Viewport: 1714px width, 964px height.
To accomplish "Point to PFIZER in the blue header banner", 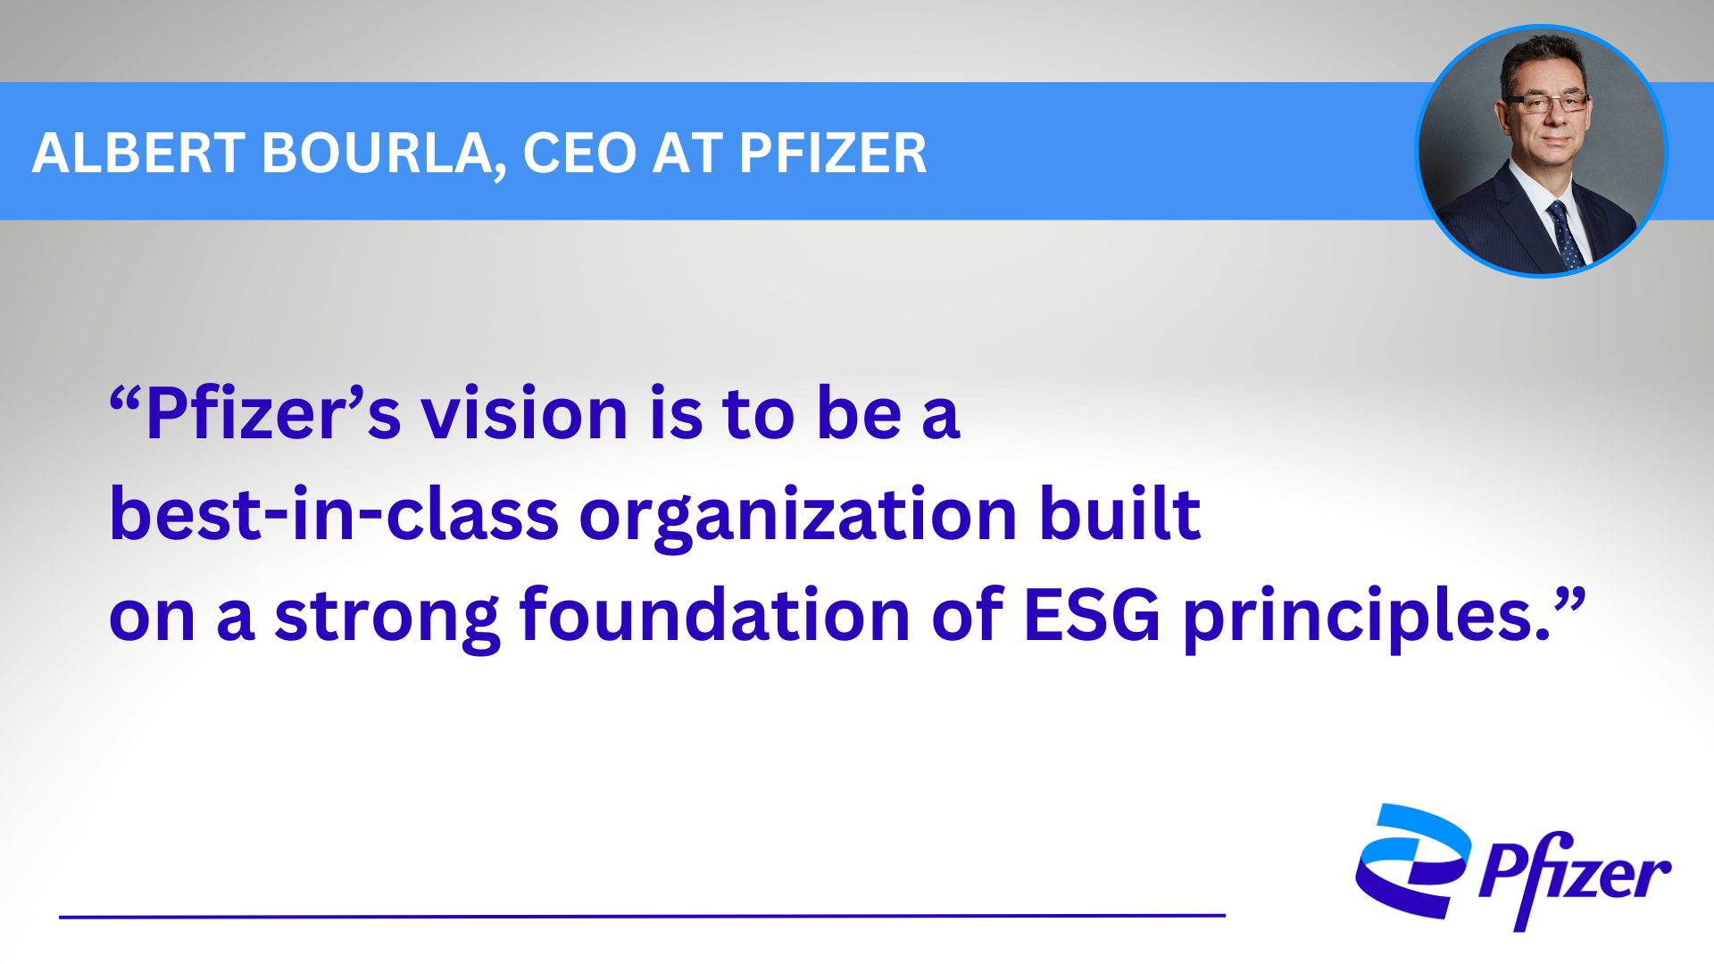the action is (833, 153).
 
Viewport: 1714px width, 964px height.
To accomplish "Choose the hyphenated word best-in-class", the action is (334, 514).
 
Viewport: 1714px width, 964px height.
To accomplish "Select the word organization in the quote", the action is (799, 517).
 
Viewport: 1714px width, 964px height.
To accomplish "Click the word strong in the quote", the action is (387, 617).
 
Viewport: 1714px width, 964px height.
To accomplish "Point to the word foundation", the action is (715, 614).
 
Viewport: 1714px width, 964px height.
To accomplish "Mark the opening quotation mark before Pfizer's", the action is (125, 399).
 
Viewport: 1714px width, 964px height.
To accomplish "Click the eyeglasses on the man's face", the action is (1546, 103).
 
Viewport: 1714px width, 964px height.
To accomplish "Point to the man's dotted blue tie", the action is (1565, 234).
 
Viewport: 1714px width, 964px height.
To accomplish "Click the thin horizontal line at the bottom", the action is (642, 916).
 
